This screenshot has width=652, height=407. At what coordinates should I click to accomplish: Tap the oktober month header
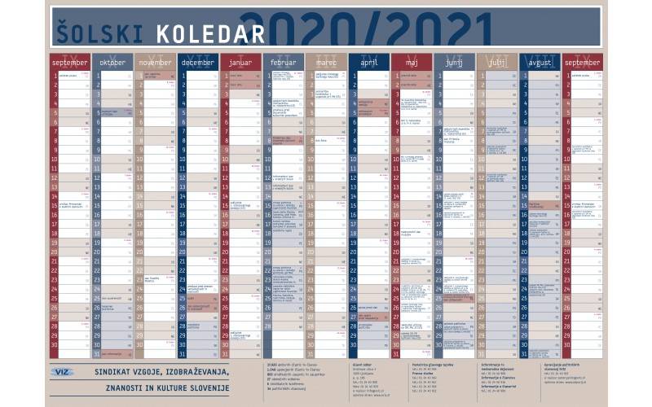tap(112, 63)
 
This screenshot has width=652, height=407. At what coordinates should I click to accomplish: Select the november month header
tap(155, 63)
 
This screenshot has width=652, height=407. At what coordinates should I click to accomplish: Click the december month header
tap(197, 63)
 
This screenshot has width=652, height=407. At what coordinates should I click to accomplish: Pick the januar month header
tap(240, 63)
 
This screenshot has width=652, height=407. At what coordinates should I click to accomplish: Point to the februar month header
tap(283, 63)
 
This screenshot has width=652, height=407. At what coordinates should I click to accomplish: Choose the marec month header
tap(325, 63)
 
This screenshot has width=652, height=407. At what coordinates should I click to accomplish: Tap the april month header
tap(368, 63)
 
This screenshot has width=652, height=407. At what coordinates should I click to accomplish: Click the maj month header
tap(411, 63)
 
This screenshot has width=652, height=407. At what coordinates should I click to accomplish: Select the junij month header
tap(454, 63)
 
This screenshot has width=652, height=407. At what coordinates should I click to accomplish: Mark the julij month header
tap(496, 63)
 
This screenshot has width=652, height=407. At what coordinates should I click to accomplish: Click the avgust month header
tap(539, 63)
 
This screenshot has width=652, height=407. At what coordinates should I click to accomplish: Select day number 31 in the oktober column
tap(97, 354)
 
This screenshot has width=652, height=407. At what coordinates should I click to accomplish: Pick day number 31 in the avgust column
tap(524, 354)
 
